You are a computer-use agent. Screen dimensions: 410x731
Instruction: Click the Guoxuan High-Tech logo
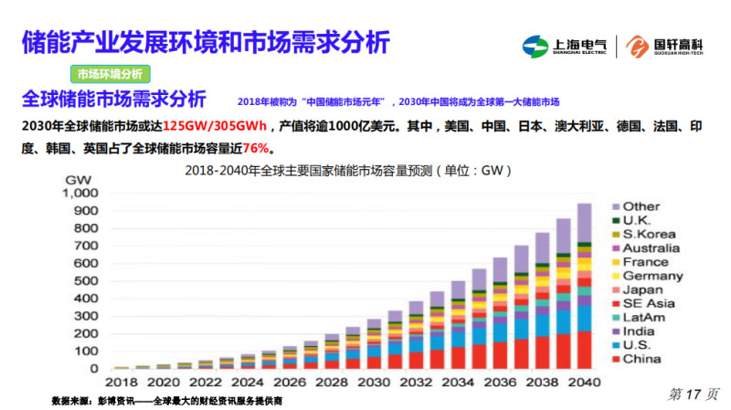664,46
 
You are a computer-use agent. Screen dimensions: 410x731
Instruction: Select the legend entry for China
641,360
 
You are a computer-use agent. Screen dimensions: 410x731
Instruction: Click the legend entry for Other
641,206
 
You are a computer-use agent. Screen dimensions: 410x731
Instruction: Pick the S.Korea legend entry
648,234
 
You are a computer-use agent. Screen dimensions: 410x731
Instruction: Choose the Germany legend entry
652,276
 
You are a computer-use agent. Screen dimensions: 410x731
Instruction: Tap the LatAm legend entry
646,318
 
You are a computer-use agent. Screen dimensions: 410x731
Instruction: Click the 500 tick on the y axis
84,280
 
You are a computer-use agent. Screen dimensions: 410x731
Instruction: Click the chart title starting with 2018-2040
347,171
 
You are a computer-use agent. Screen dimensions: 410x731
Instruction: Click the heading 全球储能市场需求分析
113,99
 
